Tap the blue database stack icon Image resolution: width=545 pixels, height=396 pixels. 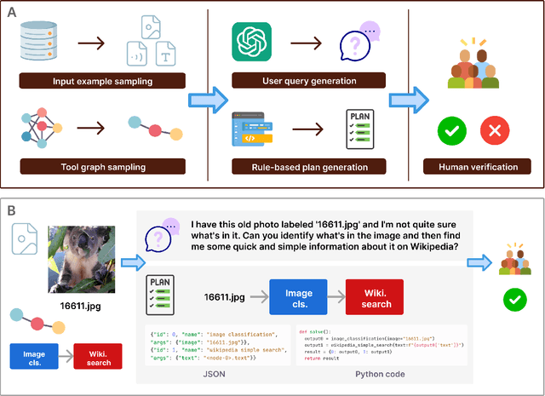point(39,38)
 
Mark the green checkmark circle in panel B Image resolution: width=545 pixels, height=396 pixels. point(513,299)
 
